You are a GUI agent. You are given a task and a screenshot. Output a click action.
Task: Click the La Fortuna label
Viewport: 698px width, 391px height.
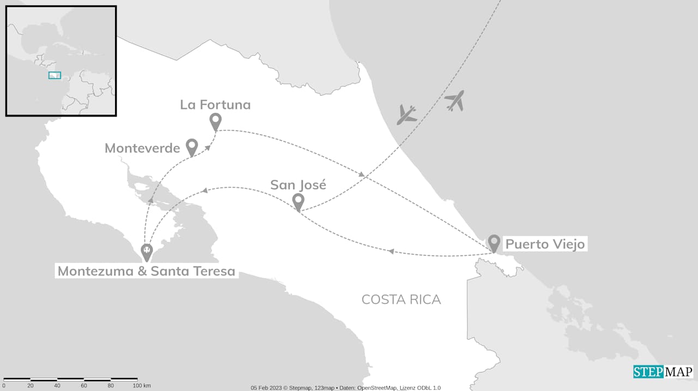pos(215,105)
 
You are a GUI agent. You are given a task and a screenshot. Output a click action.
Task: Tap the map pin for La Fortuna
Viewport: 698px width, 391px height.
pos(215,121)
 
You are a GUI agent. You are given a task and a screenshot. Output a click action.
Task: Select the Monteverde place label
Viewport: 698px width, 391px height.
pos(142,148)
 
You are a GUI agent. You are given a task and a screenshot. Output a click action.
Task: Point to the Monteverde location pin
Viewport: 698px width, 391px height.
pos(191,146)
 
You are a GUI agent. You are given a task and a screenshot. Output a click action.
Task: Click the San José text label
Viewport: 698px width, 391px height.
pos(298,185)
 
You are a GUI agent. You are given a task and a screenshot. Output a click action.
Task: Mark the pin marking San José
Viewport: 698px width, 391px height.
pos(298,201)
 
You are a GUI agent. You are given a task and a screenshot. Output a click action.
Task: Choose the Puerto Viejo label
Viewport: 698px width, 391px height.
pos(545,244)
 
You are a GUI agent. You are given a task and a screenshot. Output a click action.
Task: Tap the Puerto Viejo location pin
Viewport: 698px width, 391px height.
pos(494,242)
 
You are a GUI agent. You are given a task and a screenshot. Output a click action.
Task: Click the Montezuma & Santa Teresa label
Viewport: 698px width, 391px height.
pos(146,271)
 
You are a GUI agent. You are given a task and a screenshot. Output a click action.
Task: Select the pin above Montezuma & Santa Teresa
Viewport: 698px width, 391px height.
pos(147,252)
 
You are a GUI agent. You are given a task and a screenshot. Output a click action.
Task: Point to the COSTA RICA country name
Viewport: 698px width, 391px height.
pos(401,300)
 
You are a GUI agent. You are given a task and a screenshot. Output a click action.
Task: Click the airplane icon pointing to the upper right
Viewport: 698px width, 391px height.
pos(454,101)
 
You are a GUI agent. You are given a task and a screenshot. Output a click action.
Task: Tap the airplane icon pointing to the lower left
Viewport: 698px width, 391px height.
pos(407,114)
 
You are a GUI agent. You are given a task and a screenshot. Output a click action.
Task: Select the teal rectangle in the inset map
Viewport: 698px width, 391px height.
pos(55,75)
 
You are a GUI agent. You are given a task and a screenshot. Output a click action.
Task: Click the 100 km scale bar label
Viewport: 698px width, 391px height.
pos(142,386)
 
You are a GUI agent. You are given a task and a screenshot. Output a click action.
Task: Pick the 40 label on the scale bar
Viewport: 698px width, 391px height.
pos(57,386)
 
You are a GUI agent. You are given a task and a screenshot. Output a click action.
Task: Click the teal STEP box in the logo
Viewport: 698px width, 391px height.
pos(648,372)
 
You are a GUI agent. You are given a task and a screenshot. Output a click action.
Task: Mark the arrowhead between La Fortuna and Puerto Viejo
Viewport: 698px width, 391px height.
pos(362,174)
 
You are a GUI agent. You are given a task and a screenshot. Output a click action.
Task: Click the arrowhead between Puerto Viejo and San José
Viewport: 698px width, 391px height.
pos(390,251)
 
